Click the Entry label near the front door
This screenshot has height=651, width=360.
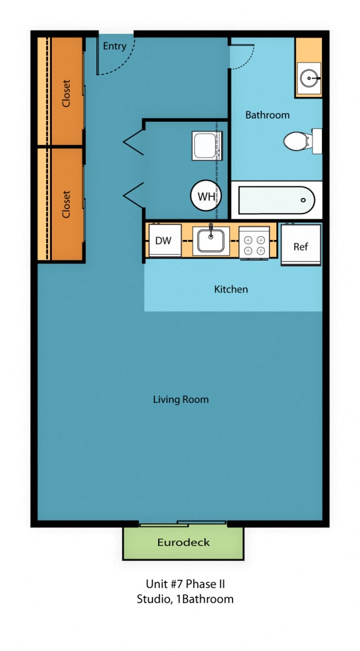tap(114, 46)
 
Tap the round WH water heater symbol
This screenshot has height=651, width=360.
tap(206, 196)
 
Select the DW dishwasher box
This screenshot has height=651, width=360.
tap(163, 241)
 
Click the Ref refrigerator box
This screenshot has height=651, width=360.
tap(301, 246)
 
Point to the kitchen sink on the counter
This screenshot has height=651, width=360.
tap(211, 241)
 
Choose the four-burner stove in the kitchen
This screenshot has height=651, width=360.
tap(254, 242)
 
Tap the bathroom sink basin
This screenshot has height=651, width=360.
tap(309, 78)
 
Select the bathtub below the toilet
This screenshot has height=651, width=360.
tap(276, 200)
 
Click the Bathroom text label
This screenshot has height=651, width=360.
tap(267, 115)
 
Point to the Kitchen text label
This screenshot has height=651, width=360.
tap(231, 289)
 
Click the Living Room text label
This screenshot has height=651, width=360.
tap(181, 399)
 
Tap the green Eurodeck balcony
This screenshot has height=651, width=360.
tap(183, 542)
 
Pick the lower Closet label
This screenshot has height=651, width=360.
tap(66, 204)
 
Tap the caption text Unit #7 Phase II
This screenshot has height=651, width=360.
tap(184, 584)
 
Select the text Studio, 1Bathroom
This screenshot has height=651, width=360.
tap(184, 599)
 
